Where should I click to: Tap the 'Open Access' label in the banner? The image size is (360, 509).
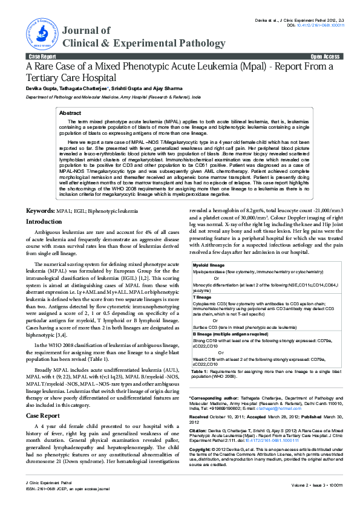(326, 56)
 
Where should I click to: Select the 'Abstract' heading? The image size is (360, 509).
(70, 113)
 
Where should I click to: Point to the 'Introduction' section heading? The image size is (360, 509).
(44, 222)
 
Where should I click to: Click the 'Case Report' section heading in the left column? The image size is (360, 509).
(42, 399)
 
